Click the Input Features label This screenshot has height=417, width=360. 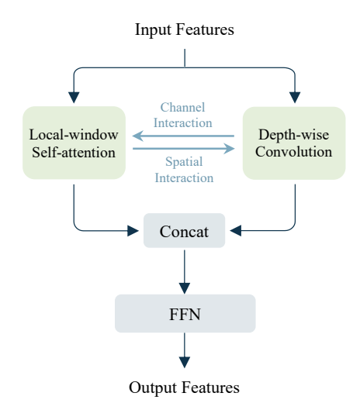[185, 29]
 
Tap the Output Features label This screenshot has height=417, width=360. [184, 388]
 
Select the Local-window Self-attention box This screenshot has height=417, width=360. [74, 143]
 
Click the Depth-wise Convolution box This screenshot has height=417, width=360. [294, 143]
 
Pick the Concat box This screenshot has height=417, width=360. [184, 230]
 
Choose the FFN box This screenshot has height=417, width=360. [185, 314]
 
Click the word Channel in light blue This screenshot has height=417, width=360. [182, 108]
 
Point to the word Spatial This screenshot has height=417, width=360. [184, 162]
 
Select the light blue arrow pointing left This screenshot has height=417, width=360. [183, 136]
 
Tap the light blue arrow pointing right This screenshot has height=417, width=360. [184, 149]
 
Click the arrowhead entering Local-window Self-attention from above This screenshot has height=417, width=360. [74, 98]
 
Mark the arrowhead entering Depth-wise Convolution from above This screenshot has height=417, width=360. [295, 98]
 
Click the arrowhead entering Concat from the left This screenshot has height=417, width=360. [133, 231]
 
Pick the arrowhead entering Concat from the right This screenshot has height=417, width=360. [236, 230]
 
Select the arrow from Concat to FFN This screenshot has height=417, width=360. [185, 272]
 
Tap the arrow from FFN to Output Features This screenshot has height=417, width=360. [185, 350]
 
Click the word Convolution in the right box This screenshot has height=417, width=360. [294, 152]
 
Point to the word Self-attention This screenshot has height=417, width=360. [74, 153]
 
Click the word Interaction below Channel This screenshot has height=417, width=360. [183, 123]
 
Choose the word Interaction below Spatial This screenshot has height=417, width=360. [184, 178]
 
